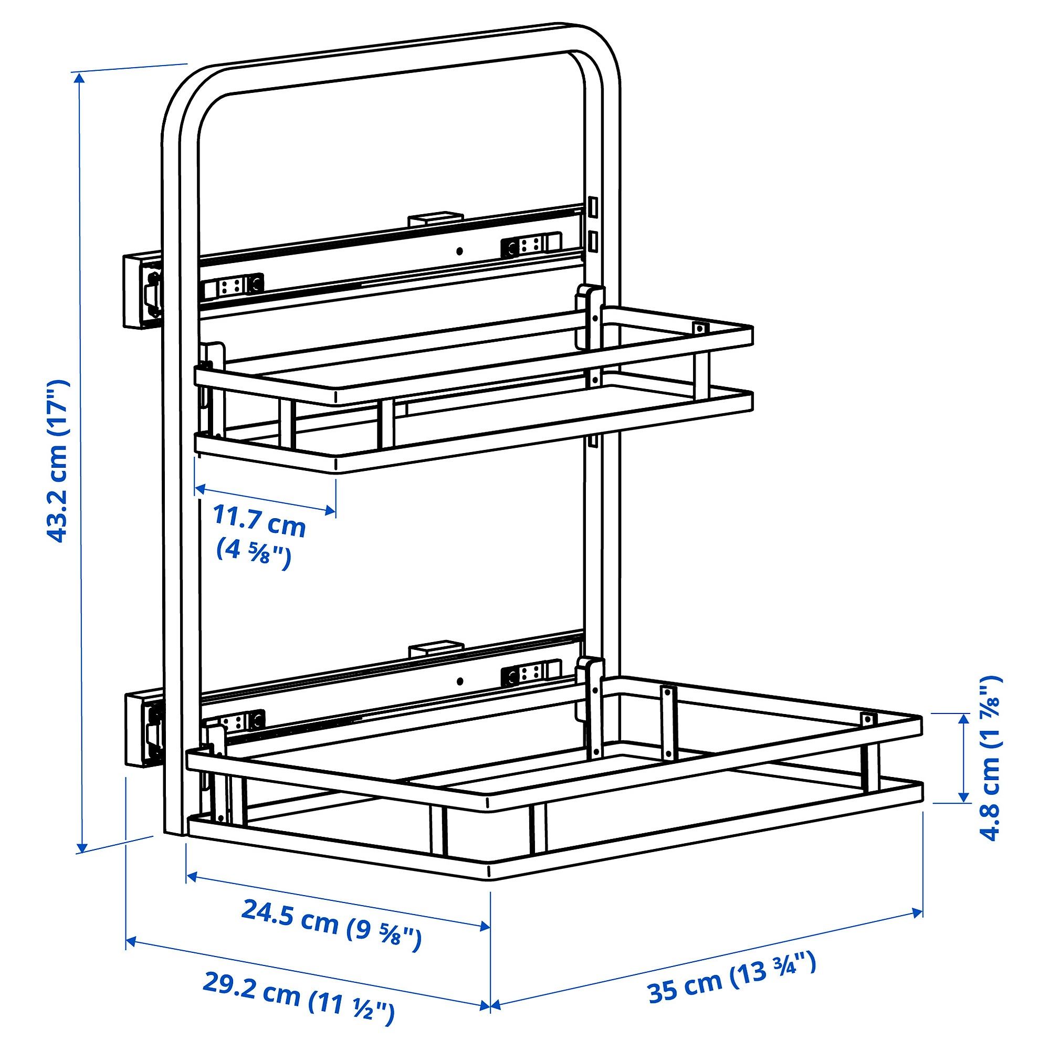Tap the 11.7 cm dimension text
[259, 520]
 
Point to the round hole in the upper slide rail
[460, 250]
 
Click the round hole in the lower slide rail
[460, 681]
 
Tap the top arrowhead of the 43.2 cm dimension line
[80, 78]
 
